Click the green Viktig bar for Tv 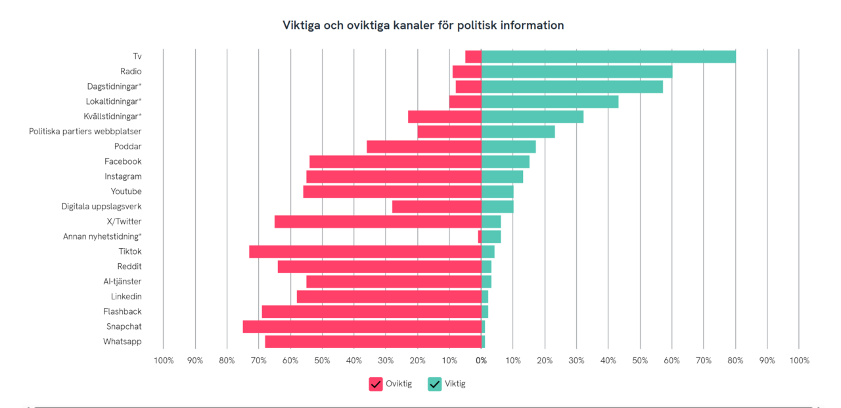pos(608,57)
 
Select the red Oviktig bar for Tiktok pos(365,251)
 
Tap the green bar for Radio pos(577,72)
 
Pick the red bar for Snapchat pos(362,326)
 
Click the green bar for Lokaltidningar pos(550,101)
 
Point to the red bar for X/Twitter pos(378,222)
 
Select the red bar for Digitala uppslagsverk pos(437,207)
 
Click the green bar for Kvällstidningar pos(532,116)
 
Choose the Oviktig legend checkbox pos(376,384)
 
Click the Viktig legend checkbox pos(435,384)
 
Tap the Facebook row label pos(123,161)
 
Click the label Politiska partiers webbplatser pos(85,132)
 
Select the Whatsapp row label pos(122,342)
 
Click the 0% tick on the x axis pos(482,361)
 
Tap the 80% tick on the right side pos(735,361)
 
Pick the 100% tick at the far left pos(164,361)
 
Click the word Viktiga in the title pos(303,26)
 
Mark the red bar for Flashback pos(371,311)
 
